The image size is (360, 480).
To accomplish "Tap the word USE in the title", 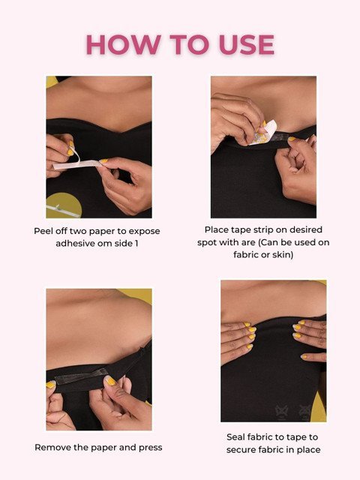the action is pyautogui.click(x=247, y=45).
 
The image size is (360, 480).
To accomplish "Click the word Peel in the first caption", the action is pyautogui.click(x=43, y=231).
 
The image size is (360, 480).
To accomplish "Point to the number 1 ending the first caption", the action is pyautogui.click(x=136, y=244).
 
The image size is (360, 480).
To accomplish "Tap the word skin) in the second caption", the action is pyautogui.click(x=283, y=255).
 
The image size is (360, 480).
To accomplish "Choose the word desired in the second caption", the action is pyautogui.click(x=305, y=229).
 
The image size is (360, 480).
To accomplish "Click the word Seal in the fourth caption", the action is pyautogui.click(x=235, y=437).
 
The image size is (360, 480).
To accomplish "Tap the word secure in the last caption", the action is pyautogui.click(x=241, y=450).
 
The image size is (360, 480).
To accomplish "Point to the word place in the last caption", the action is pyautogui.click(x=308, y=450).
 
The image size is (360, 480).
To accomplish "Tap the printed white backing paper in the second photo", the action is pyautogui.click(x=264, y=133).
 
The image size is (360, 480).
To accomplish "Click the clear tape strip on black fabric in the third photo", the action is pyautogui.click(x=81, y=376).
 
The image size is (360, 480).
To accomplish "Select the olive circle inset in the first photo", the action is pyautogui.click(x=63, y=205).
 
